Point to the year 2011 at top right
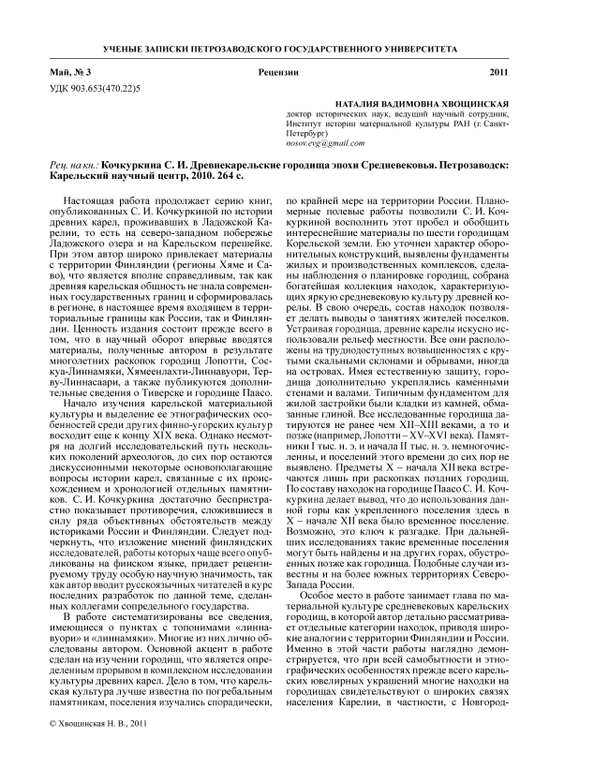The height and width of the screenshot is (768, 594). [526, 72]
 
